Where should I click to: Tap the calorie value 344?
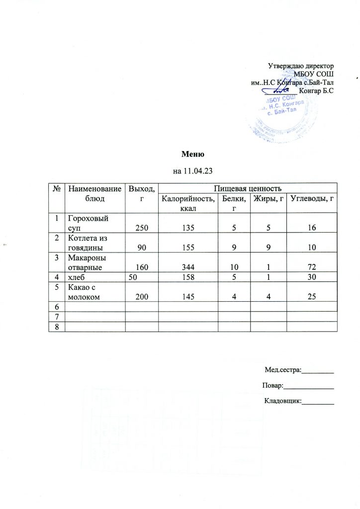click(178, 268)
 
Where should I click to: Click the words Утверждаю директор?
click(300, 66)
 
